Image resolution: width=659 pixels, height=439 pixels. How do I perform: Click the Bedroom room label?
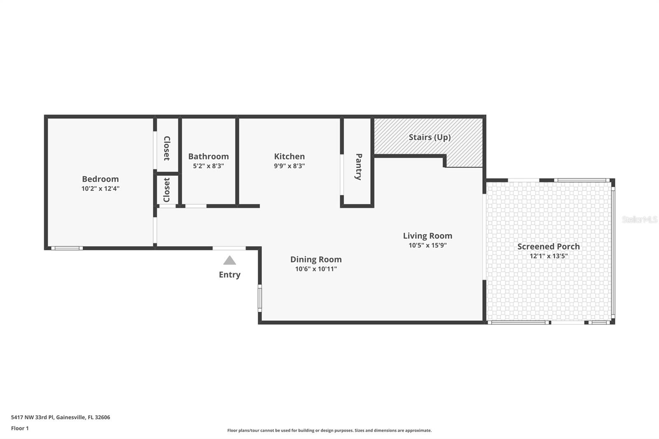100,179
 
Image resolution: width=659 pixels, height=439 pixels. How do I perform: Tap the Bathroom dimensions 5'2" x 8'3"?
208,166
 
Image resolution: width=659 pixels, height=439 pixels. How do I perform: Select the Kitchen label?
289,156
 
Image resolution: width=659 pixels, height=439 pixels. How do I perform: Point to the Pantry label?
358,167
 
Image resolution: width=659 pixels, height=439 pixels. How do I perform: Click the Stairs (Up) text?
429,137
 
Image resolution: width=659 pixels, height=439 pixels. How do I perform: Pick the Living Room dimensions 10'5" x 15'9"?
427,245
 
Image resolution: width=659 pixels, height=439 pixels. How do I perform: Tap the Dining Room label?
315,259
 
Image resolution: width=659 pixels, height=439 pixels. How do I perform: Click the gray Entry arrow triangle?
229,260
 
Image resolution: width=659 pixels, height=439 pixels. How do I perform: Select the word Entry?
229,275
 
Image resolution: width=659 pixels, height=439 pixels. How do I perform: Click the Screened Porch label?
548,246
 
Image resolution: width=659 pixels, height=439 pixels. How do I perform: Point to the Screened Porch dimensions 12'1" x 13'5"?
548,256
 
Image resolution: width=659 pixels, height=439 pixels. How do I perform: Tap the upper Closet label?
167,148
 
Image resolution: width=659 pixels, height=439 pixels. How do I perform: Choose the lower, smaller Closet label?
167,190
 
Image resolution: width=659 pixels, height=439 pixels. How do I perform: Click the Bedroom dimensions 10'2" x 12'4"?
100,189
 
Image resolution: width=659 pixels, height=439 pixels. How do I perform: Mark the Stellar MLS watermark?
639,219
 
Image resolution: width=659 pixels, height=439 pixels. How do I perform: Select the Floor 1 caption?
20,428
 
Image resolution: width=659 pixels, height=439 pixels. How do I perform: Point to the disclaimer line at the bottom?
329,430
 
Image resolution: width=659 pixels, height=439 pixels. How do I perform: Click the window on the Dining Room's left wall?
260,298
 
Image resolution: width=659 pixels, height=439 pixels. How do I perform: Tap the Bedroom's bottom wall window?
67,248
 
